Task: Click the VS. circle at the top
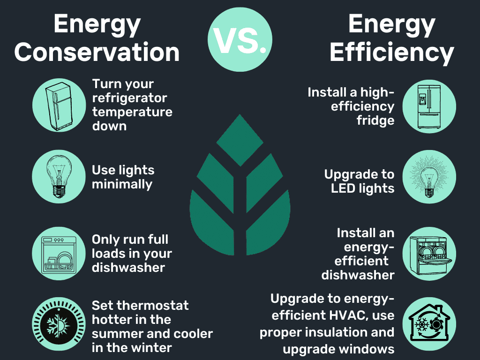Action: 240,40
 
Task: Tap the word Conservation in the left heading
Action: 97,52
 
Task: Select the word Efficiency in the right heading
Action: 392,52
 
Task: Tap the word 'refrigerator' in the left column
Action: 129,98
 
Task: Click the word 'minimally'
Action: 122,184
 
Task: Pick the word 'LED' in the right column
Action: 345,188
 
